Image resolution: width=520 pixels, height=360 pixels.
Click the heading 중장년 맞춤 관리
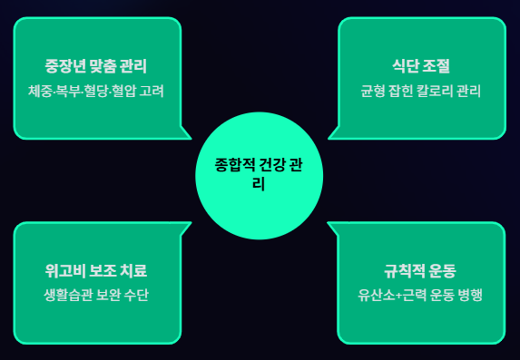(96, 66)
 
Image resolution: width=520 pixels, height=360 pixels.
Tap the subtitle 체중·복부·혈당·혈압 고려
(96, 92)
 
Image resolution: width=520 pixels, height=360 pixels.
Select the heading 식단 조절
(421, 66)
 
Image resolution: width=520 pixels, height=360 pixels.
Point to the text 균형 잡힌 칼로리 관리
(421, 92)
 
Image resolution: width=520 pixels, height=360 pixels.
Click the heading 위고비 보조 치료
(96, 271)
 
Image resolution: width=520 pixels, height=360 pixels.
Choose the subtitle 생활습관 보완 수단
(96, 295)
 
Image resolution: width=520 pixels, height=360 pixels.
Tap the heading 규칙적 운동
(420, 271)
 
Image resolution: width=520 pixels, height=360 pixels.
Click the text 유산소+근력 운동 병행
(420, 295)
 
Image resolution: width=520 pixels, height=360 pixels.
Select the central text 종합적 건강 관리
(259, 174)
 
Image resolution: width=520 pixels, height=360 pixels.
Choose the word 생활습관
(68, 295)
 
